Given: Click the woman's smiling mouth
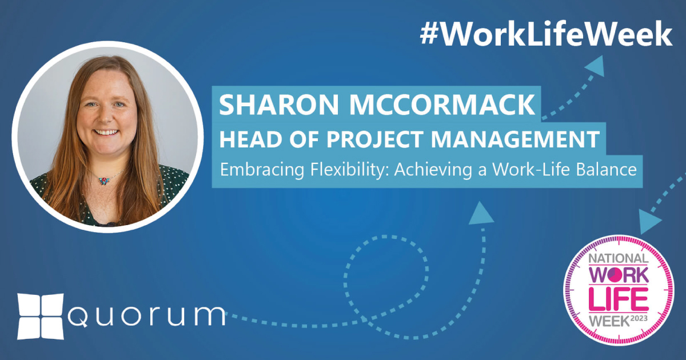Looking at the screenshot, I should coord(107,133).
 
